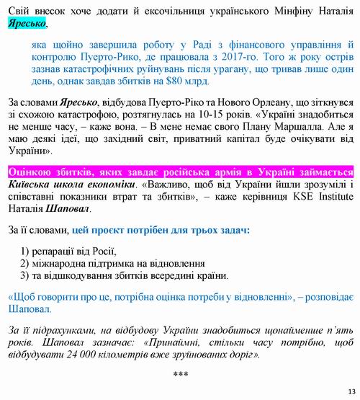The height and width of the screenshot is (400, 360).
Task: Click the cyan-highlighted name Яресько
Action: pyautogui.click(x=24, y=23)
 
